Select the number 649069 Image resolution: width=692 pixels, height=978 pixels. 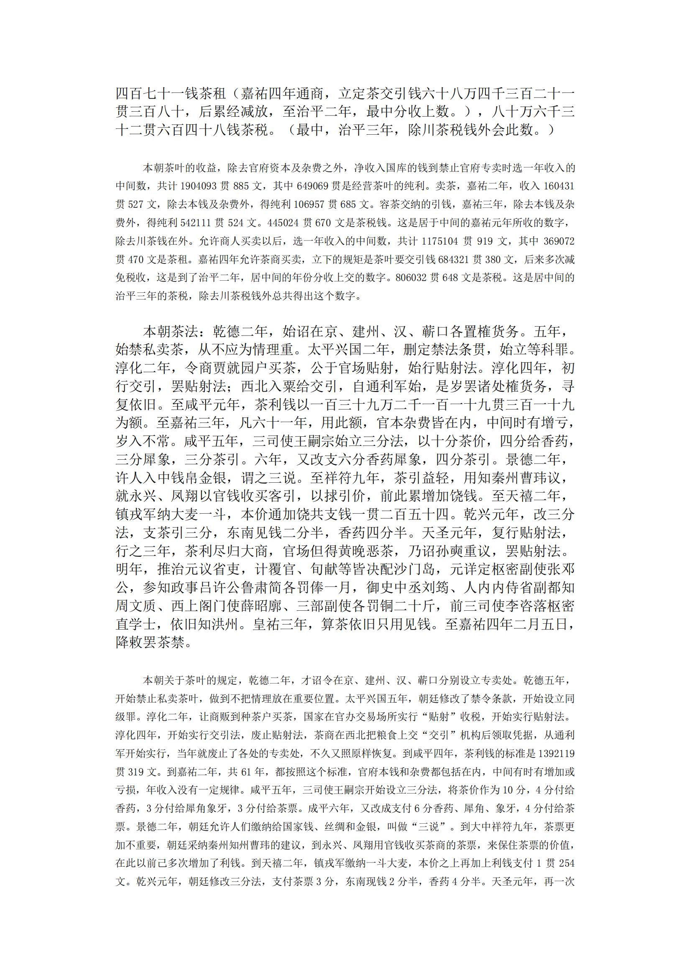coord(311,186)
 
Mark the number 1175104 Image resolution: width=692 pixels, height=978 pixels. coord(441,241)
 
